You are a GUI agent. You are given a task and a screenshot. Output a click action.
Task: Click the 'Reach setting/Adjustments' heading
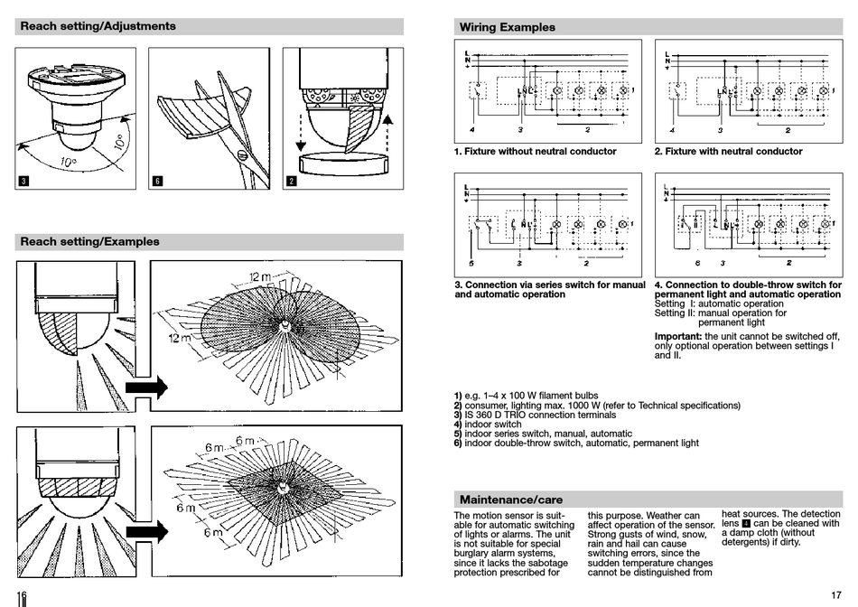[x=98, y=26]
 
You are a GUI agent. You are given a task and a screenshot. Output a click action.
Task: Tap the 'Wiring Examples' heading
[x=507, y=27]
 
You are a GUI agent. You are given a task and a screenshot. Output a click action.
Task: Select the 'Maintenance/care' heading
[x=511, y=499]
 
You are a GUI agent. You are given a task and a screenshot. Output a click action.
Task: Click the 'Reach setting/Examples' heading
[x=89, y=241]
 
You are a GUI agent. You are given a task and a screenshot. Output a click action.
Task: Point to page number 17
[x=835, y=593]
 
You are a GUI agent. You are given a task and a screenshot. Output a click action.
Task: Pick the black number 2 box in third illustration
[x=291, y=181]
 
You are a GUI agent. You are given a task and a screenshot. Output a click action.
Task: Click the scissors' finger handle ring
[x=245, y=154]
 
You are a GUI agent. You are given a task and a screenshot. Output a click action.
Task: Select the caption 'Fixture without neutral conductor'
[x=536, y=152]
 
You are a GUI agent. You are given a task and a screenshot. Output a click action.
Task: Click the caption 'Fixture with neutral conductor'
[x=728, y=152]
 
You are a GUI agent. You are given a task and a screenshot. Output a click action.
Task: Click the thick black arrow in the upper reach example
[x=146, y=388]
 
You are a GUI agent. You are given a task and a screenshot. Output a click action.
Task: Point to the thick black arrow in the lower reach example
[x=146, y=531]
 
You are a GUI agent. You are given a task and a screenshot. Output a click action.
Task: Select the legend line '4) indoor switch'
[x=488, y=425]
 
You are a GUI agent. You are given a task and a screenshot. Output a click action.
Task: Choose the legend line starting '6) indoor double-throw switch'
[x=576, y=444]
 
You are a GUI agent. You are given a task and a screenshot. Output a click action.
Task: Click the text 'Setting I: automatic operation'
[x=719, y=304]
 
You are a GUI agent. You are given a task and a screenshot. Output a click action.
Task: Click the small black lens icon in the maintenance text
[x=746, y=524]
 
